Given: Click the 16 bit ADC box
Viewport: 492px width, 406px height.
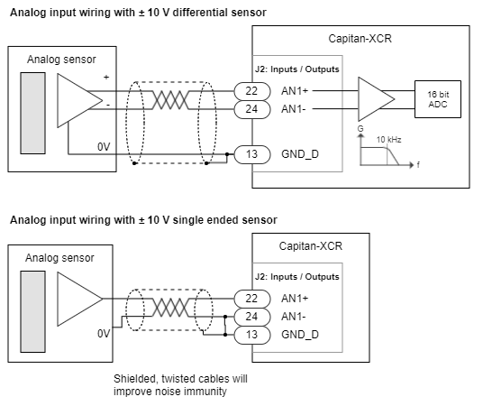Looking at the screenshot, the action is [438, 99].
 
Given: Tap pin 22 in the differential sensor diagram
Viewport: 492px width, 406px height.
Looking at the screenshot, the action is [252, 91].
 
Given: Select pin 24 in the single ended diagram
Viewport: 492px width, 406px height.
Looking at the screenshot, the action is [252, 317].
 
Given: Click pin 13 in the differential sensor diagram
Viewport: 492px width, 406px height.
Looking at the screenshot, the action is [252, 154].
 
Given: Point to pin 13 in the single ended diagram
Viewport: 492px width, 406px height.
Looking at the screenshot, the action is [252, 335].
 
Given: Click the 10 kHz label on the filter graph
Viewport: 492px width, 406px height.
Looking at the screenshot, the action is [388, 140].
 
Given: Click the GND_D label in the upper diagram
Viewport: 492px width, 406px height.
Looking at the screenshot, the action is [300, 154].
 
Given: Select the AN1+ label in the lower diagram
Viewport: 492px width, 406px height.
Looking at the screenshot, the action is [295, 299].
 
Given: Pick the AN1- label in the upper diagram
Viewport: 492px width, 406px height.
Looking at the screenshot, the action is [294, 109].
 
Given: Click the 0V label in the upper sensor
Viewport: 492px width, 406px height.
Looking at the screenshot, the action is [104, 147].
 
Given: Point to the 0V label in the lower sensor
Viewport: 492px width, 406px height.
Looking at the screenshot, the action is [104, 334].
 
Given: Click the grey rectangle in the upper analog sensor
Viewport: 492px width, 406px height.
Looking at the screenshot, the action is [33, 113].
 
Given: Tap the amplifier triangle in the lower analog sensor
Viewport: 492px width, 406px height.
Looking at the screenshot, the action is [80, 299].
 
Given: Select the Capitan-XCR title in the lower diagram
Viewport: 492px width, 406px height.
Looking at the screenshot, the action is [311, 246].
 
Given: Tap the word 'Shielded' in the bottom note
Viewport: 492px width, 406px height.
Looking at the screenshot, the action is [136, 379].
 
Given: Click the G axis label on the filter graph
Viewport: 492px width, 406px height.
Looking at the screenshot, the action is [360, 129].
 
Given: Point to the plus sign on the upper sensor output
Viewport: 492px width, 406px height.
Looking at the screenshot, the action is [106, 77].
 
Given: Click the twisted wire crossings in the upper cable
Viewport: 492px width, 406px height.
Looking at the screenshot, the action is [170, 100].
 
